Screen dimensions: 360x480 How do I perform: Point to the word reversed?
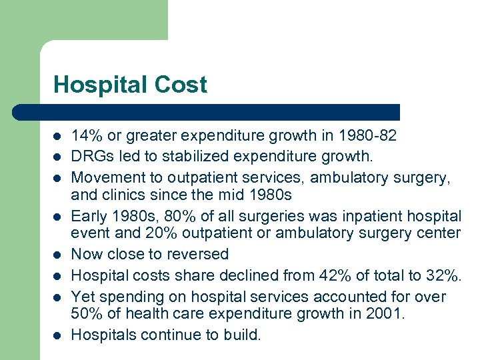point(199,254)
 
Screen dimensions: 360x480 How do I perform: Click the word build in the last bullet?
point(241,335)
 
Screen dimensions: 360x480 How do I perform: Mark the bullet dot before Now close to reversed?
point(57,255)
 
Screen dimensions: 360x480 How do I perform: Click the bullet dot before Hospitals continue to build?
point(57,335)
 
